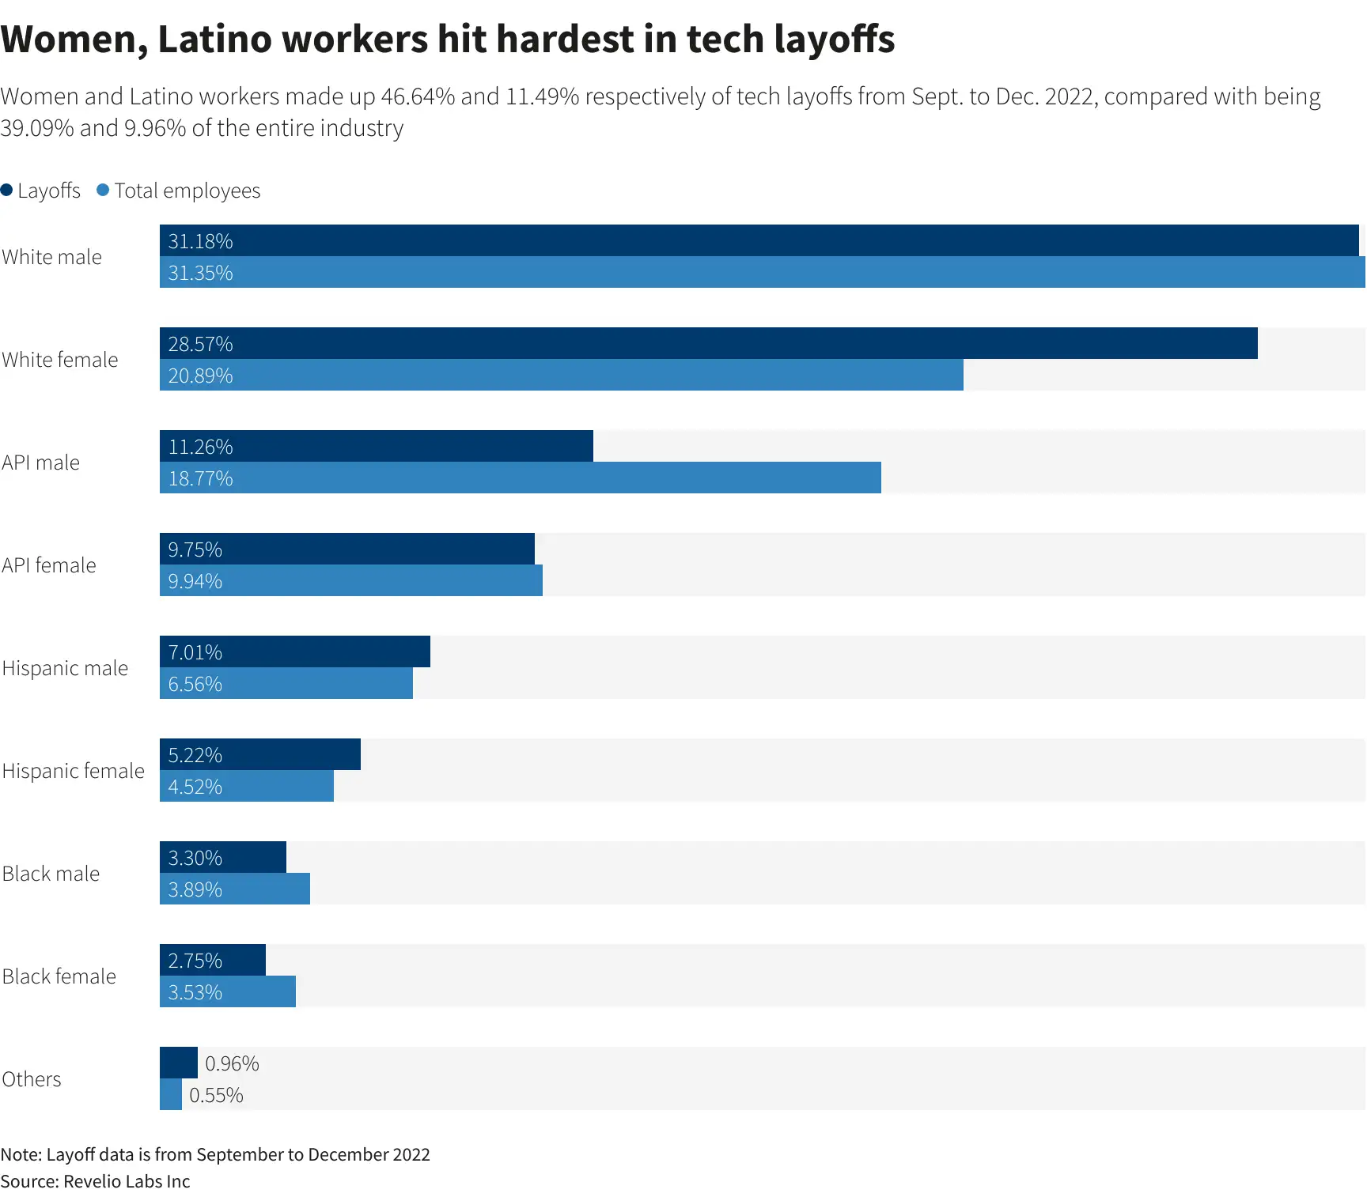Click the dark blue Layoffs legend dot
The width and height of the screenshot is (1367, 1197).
pos(6,190)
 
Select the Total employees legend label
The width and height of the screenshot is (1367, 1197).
pos(187,191)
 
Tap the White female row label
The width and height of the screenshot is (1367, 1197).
pos(60,360)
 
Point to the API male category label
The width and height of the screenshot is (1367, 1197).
pos(41,463)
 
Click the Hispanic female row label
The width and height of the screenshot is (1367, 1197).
pos(74,771)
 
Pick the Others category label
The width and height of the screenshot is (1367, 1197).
pos(32,1079)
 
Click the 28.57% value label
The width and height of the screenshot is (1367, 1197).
pos(201,344)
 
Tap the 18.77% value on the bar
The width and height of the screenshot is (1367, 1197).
pos(201,478)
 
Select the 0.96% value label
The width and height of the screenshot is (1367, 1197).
pos(232,1063)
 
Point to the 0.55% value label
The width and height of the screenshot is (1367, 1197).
pos(216,1095)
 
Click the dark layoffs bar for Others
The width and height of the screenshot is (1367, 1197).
pos(179,1063)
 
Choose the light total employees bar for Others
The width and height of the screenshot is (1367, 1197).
pos(171,1094)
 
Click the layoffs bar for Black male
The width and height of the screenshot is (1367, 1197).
pos(223,857)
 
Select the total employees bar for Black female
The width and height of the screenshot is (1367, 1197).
pos(228,991)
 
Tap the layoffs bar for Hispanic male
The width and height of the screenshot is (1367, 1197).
pos(295,651)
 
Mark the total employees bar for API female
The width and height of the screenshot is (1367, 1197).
pos(351,580)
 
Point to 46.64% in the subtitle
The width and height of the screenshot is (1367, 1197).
pos(418,96)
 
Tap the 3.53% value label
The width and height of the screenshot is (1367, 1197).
pos(195,992)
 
